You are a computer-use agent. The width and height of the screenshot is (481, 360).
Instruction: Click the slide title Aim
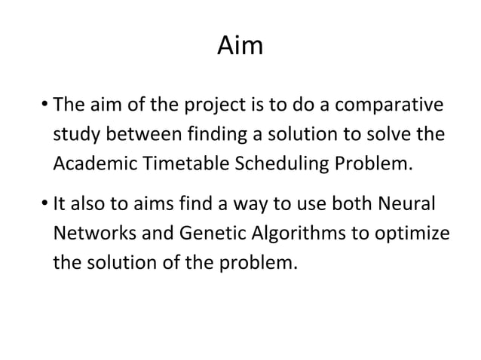(240, 47)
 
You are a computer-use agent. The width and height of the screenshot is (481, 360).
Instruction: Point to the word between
(146, 134)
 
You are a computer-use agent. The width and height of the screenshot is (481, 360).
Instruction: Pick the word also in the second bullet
(88, 204)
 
